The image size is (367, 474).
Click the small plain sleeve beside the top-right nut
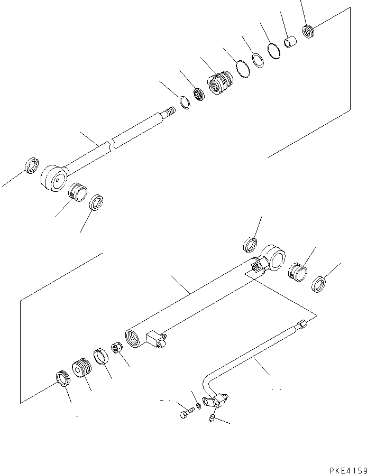[289, 41]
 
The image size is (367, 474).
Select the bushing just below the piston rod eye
[78, 190]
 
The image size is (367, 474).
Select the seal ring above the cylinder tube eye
[250, 245]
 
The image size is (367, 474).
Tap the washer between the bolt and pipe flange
[197, 406]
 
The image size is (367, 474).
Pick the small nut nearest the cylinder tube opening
[117, 349]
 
